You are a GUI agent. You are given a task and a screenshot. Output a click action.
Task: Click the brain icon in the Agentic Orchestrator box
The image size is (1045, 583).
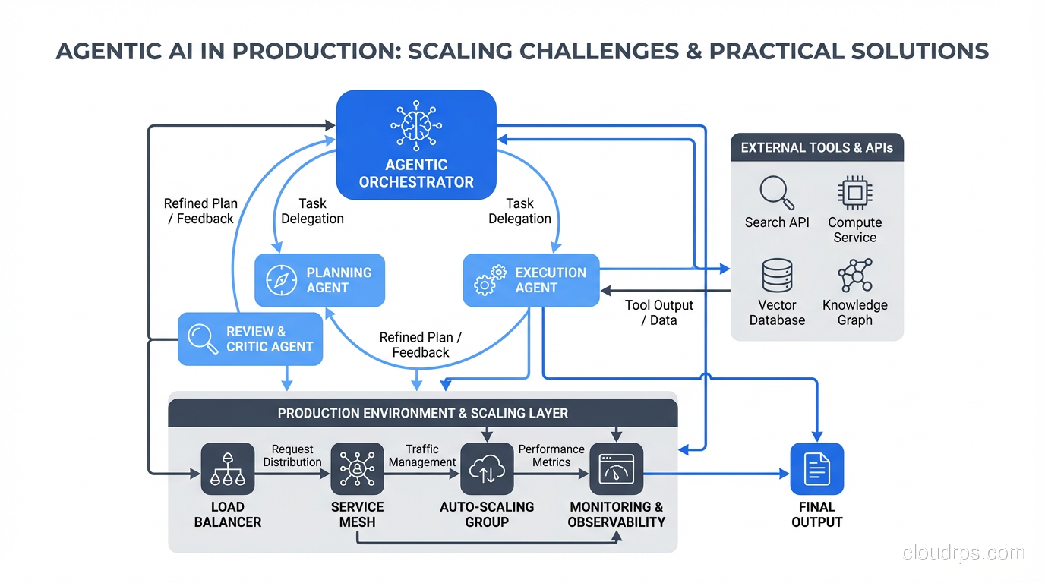coord(415,126)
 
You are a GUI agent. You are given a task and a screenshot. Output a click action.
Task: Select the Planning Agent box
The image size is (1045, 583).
coord(320,280)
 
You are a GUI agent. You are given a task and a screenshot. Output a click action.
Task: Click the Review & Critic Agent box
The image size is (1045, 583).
coord(250,339)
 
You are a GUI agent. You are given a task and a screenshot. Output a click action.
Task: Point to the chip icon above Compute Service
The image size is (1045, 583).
coord(854,193)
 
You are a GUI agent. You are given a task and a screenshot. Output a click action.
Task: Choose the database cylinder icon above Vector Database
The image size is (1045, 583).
coord(777,276)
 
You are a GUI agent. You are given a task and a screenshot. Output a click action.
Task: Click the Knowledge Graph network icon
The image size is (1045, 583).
coord(855,276)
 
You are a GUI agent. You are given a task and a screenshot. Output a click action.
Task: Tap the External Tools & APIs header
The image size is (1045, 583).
coord(817,148)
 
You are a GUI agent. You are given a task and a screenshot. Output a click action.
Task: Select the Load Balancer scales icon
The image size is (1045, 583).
coord(228,469)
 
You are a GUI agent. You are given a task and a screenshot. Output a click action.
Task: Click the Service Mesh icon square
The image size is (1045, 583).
coord(357,469)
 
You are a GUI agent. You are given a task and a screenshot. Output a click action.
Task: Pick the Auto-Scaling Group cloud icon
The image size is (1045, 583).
coord(487,469)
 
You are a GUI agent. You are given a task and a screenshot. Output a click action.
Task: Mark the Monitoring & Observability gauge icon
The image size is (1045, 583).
coord(617,469)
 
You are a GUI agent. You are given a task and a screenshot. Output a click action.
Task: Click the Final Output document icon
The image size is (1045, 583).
coord(817,469)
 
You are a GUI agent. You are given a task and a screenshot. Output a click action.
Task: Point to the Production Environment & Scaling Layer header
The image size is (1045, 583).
coord(422,414)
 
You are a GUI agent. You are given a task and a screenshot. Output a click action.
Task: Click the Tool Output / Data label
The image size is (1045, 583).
coord(658,313)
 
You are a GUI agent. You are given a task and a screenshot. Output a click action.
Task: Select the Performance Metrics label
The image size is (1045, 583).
coord(551,455)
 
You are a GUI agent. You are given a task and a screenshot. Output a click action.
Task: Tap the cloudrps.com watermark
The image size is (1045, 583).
coord(963,553)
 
